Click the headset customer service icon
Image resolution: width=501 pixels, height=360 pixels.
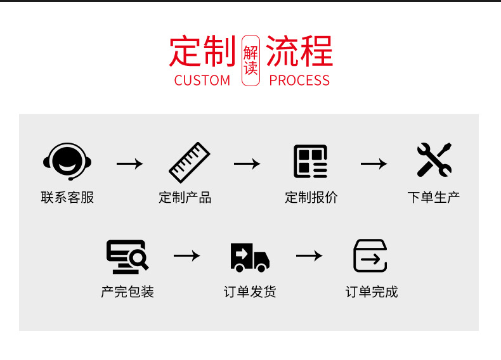click(x=67, y=161)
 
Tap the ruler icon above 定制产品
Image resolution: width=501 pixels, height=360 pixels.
click(x=189, y=162)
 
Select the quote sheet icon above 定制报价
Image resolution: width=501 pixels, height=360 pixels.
click(x=311, y=162)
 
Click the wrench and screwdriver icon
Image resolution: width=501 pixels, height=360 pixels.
click(x=434, y=160)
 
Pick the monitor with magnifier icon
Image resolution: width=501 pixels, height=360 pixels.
click(x=127, y=256)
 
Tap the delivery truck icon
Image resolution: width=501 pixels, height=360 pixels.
click(x=250, y=257)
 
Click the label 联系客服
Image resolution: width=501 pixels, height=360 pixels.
click(x=67, y=197)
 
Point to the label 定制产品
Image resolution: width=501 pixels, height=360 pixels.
click(x=185, y=197)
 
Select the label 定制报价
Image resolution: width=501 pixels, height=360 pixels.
click(x=311, y=197)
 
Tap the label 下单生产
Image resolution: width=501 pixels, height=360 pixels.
click(x=433, y=197)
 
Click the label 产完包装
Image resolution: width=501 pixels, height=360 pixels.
click(x=127, y=292)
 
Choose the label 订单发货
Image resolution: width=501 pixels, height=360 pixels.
click(x=250, y=292)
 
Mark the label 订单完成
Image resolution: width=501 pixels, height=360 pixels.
click(x=372, y=292)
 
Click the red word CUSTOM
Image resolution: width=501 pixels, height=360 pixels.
click(x=202, y=80)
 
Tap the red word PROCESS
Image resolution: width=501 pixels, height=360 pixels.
click(x=299, y=80)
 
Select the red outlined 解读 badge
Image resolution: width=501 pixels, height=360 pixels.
click(x=251, y=60)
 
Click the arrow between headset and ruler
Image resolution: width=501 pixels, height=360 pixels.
click(x=130, y=164)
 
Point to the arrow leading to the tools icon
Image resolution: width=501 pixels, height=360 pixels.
click(x=374, y=164)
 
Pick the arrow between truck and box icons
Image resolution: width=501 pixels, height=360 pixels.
click(x=309, y=255)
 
